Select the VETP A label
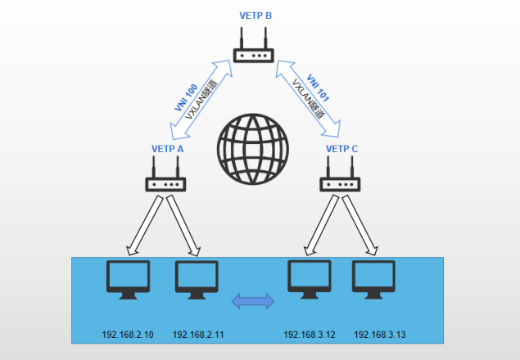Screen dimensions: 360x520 (168, 149)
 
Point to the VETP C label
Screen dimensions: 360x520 (342, 149)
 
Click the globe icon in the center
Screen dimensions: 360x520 (253, 147)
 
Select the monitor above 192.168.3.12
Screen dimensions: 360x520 (309, 279)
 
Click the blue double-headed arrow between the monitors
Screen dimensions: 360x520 (253, 302)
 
